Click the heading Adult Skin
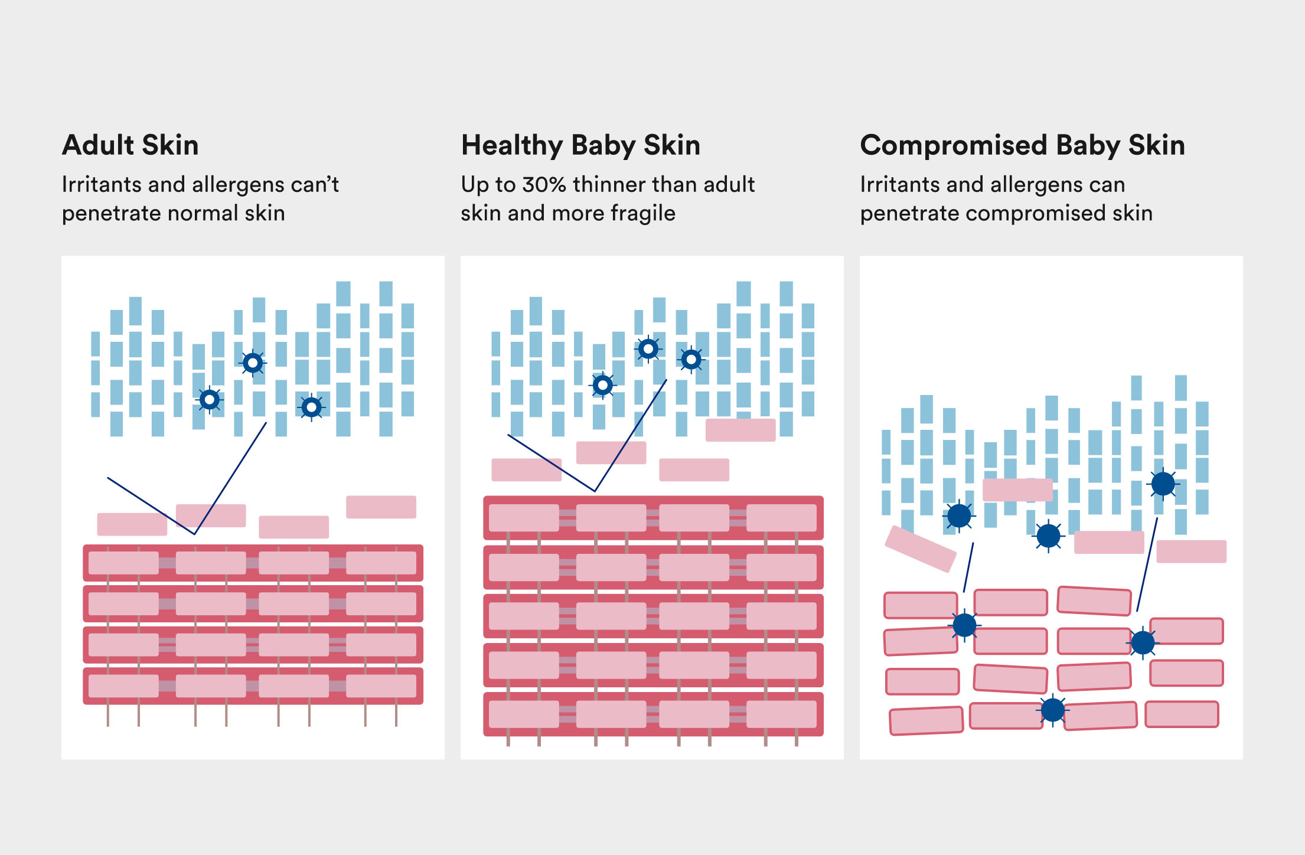pyautogui.click(x=130, y=145)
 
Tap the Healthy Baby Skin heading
pyautogui.click(x=580, y=145)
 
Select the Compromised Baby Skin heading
pyautogui.click(x=1022, y=145)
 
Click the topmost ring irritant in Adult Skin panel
pyautogui.click(x=253, y=363)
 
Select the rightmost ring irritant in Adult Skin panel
pyautogui.click(x=311, y=407)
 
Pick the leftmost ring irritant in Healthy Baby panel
pyautogui.click(x=602, y=386)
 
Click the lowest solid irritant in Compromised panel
pyautogui.click(x=1052, y=710)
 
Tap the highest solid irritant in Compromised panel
pyautogui.click(x=1163, y=484)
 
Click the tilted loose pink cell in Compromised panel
pyautogui.click(x=920, y=549)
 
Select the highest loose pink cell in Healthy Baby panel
pyautogui.click(x=740, y=430)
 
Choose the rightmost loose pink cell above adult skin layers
pyautogui.click(x=381, y=507)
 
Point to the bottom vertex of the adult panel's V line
pyautogui.click(x=194, y=534)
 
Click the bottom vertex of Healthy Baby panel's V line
pyautogui.click(x=595, y=491)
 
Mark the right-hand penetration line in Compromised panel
pyautogui.click(x=1147, y=564)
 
